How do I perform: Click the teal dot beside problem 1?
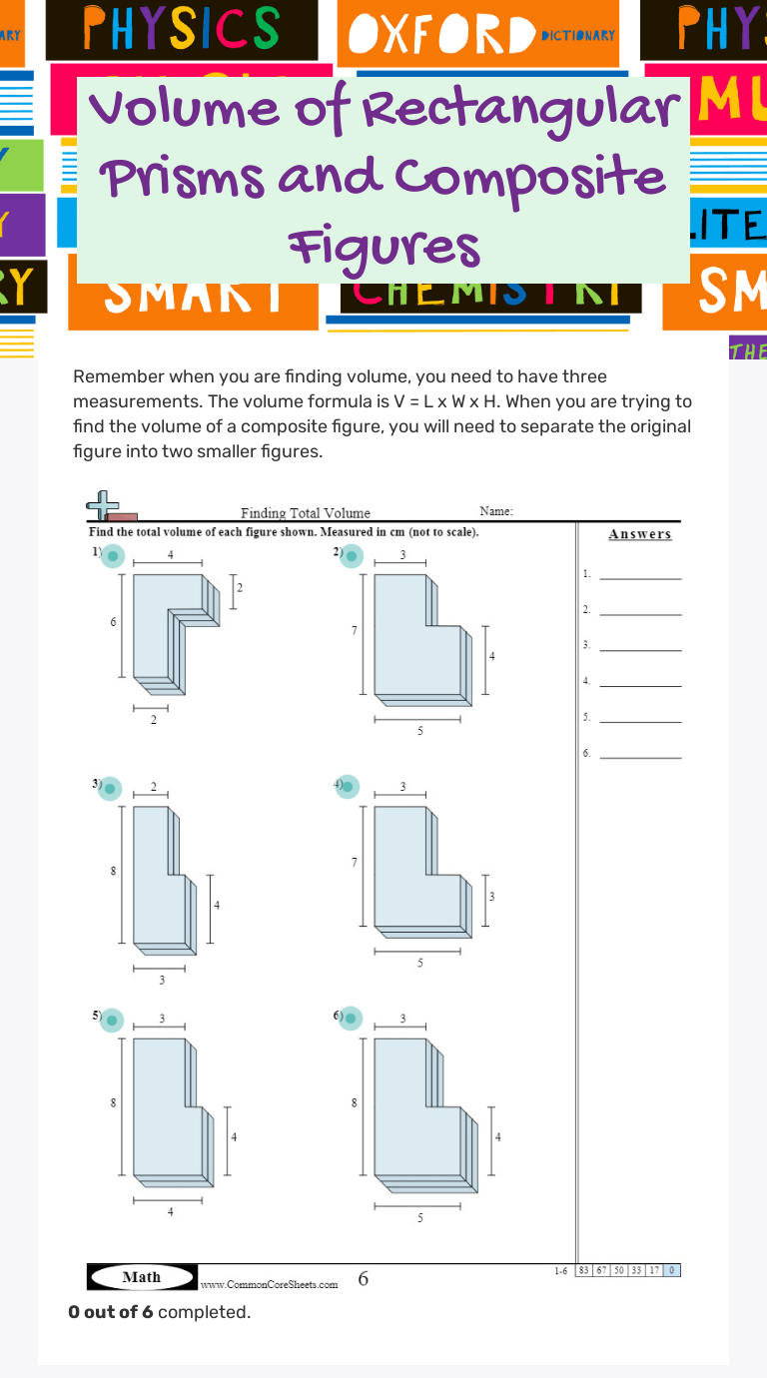(113, 556)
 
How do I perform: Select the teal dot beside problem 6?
(351, 1020)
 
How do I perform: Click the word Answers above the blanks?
(640, 534)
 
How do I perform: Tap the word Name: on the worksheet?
(496, 511)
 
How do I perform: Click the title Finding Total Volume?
(306, 513)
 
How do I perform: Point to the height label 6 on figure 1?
(113, 622)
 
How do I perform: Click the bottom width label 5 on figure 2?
(419, 731)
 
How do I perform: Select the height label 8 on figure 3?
(113, 871)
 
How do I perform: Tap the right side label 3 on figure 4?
(491, 897)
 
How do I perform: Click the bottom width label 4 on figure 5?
(170, 1211)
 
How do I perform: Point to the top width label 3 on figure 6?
(403, 1019)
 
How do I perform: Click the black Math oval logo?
(141, 1277)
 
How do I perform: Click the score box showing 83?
(584, 1270)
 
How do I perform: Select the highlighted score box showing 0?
(672, 1270)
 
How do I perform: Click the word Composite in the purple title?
(529, 178)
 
